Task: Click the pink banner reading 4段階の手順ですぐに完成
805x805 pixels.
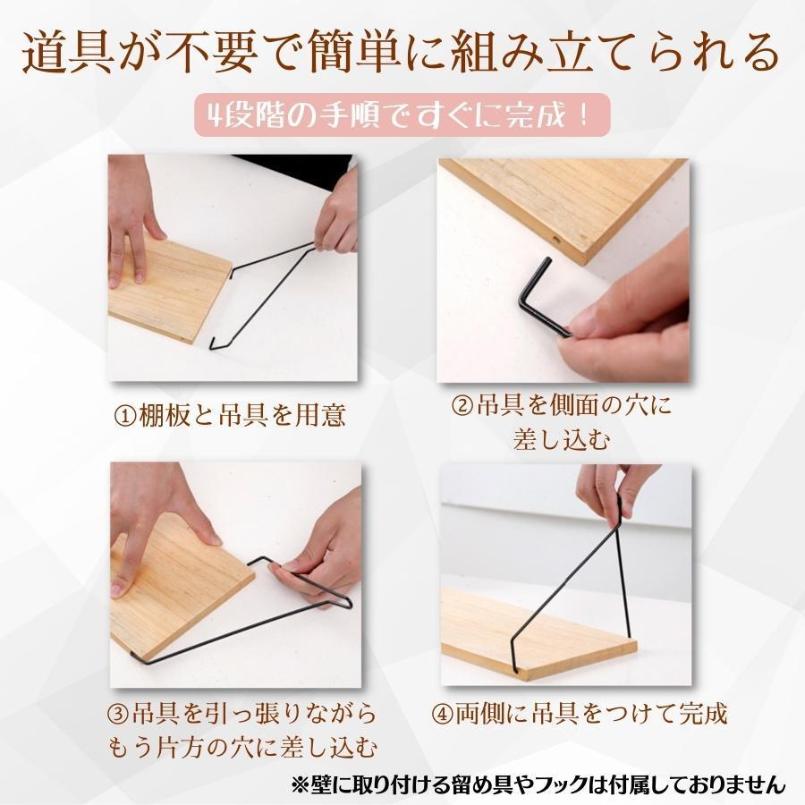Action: (402, 116)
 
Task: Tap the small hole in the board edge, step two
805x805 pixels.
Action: (557, 241)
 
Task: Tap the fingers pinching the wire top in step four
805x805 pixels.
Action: (608, 487)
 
